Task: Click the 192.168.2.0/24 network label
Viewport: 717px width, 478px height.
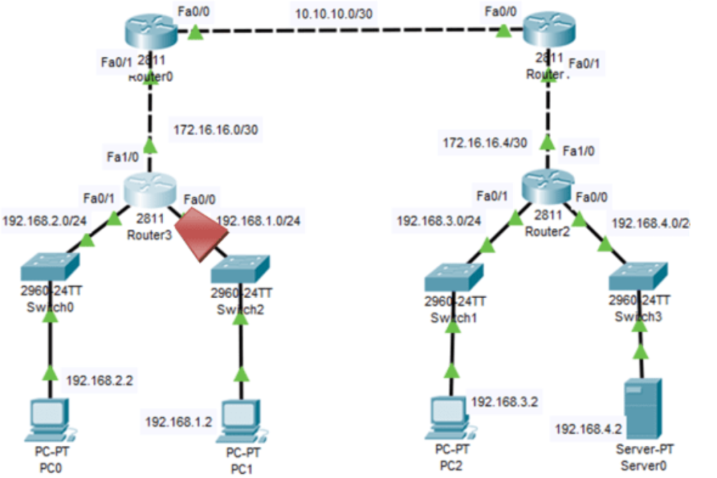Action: [45, 221]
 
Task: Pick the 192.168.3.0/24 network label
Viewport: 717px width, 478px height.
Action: [439, 221]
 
